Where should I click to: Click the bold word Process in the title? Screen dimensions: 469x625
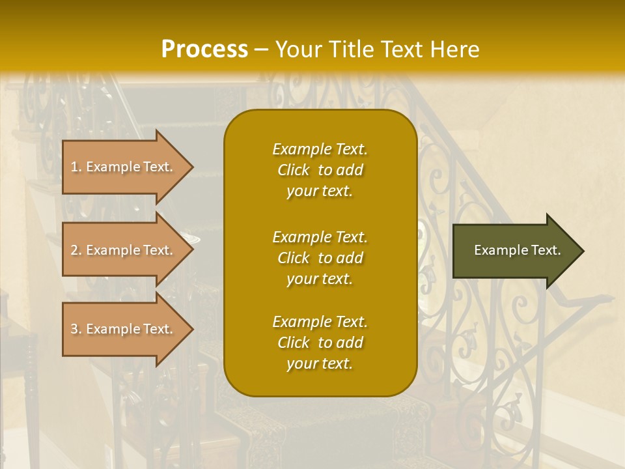click(x=204, y=50)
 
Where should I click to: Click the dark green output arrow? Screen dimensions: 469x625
click(x=514, y=250)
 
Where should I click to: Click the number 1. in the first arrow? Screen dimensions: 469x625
click(x=76, y=167)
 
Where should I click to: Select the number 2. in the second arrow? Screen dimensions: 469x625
click(x=76, y=250)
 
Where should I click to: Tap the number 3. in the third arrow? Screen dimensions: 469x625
click(x=76, y=329)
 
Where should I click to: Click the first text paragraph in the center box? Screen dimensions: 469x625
click(x=320, y=170)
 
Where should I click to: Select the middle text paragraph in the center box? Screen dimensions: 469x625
click(x=320, y=258)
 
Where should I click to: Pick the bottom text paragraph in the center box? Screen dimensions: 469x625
click(x=320, y=343)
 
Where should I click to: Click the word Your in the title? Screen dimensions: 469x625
click(x=297, y=50)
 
